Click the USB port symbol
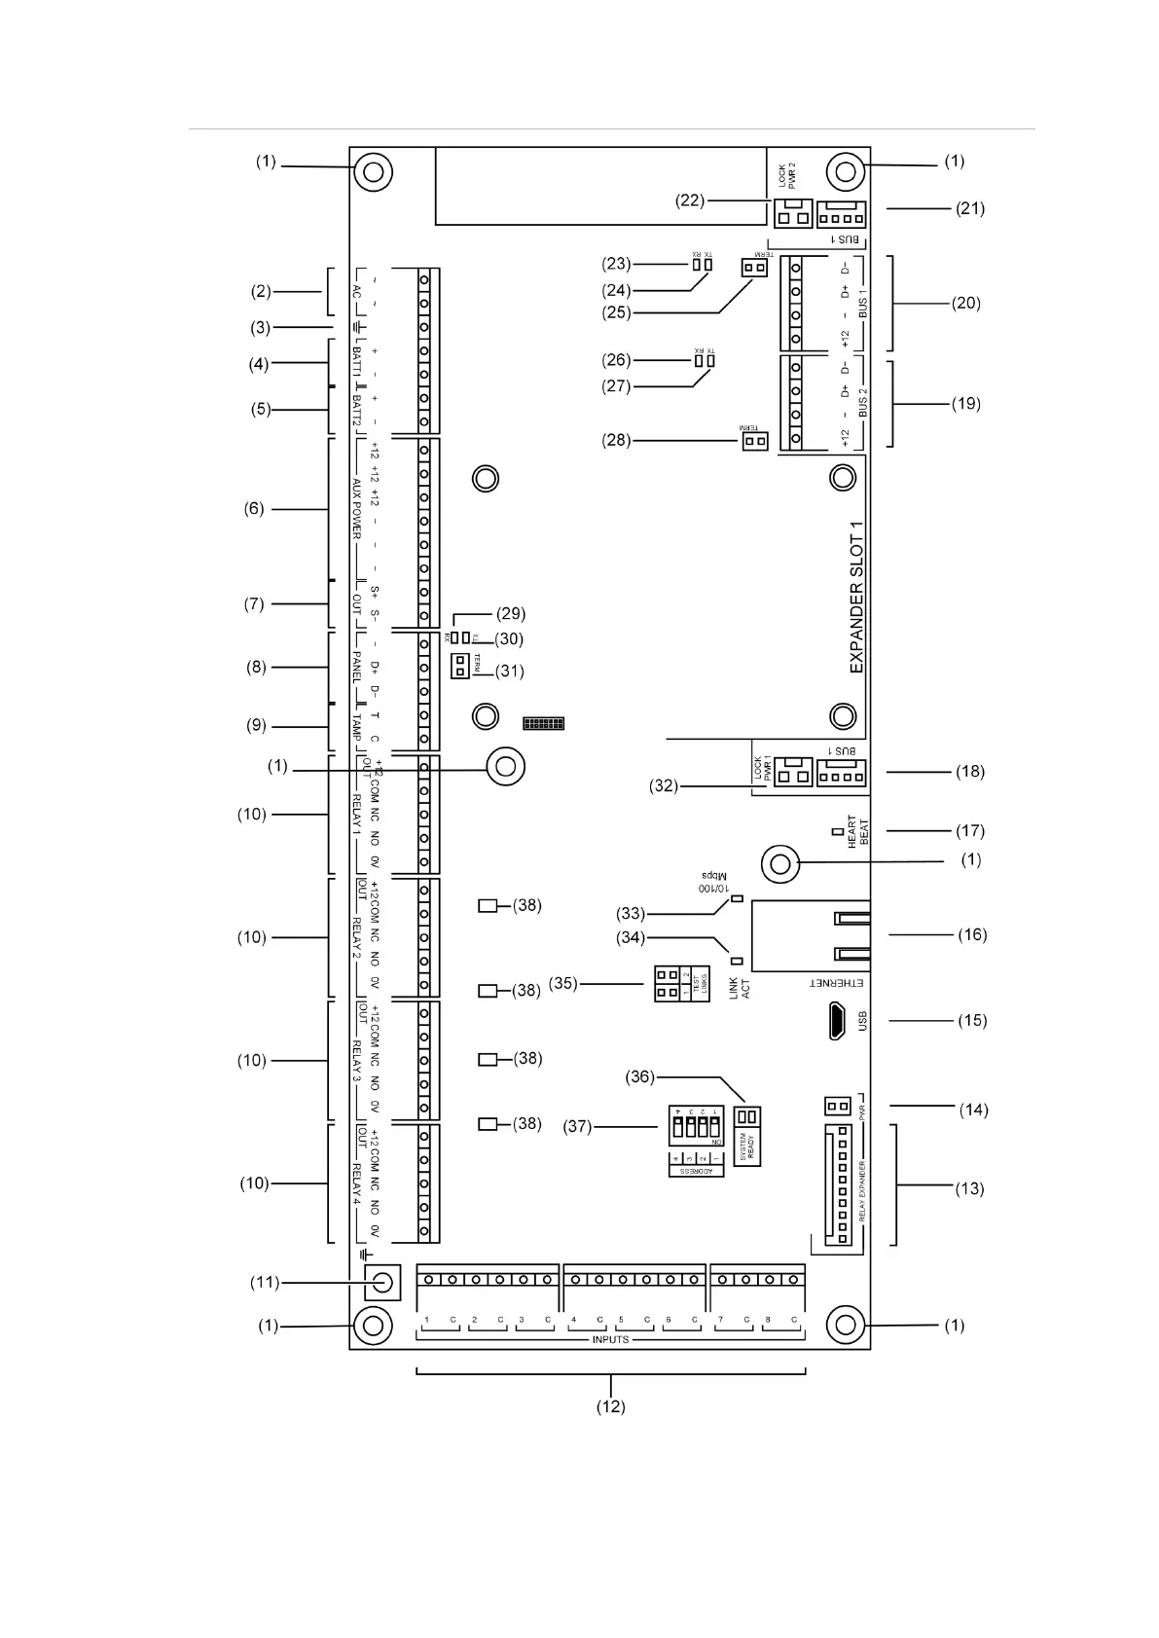(837, 1021)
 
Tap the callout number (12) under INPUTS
(610, 1406)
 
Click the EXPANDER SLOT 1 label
(856, 598)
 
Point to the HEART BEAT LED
(836, 831)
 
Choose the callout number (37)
(577, 1126)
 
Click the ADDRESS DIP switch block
(697, 1127)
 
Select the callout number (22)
(690, 200)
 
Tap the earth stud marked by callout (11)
(381, 1282)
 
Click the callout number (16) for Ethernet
(972, 934)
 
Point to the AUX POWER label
(356, 509)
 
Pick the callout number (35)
(563, 983)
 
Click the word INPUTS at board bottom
(610, 1340)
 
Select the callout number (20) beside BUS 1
(966, 303)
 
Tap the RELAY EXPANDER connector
(834, 1184)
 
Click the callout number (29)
(511, 613)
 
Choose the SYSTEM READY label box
(746, 1147)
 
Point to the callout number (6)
(254, 508)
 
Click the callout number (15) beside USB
(972, 1020)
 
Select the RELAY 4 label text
(356, 1183)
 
